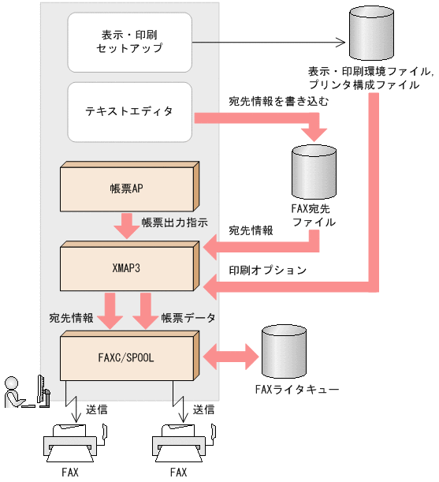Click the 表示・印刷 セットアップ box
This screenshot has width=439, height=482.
click(130, 41)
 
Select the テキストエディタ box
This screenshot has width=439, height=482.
click(130, 112)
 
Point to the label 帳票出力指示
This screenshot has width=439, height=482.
click(174, 222)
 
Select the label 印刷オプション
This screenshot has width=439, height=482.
click(267, 270)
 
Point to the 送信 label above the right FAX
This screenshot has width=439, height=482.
click(203, 410)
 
